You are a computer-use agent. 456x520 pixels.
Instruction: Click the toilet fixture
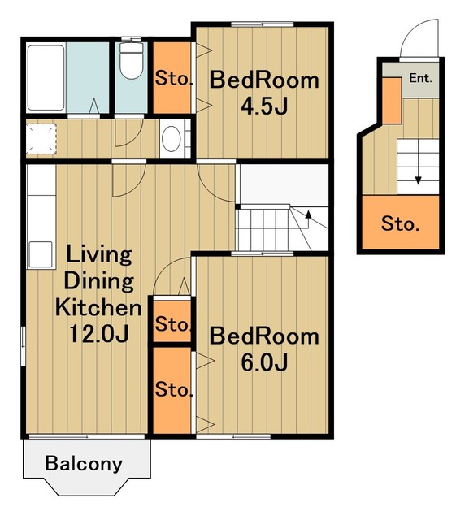tap(131, 62)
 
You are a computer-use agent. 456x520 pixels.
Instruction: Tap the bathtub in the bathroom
tap(46, 78)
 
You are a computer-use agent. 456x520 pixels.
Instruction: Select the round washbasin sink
tap(172, 139)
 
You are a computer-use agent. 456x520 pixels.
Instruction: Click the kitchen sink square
tap(41, 254)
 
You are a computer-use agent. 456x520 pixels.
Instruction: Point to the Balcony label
tap(84, 463)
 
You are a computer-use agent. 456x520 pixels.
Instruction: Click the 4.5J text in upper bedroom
tap(264, 106)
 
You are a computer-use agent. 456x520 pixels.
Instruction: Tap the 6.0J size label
tap(264, 362)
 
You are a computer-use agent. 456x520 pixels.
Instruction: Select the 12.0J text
tap(99, 334)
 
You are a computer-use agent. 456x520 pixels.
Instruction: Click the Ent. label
tap(420, 78)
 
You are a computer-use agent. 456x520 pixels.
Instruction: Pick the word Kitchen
tap(98, 307)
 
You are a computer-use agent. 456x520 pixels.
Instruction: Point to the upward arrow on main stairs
tap(308, 219)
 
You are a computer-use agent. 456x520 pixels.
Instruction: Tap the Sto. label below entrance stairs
tap(400, 223)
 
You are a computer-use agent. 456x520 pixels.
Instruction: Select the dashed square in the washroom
tap(41, 139)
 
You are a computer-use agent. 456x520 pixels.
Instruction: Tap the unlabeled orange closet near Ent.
tap(392, 101)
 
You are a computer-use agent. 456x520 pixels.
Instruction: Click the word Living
tap(99, 255)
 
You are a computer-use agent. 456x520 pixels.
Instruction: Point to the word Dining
tap(98, 281)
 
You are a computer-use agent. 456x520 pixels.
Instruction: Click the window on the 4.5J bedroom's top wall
tap(263, 24)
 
